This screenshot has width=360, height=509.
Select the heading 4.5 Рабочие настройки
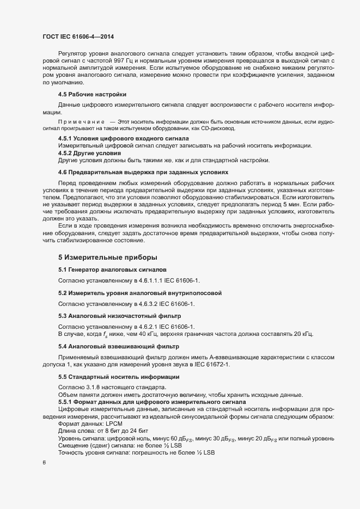point(92,94)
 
